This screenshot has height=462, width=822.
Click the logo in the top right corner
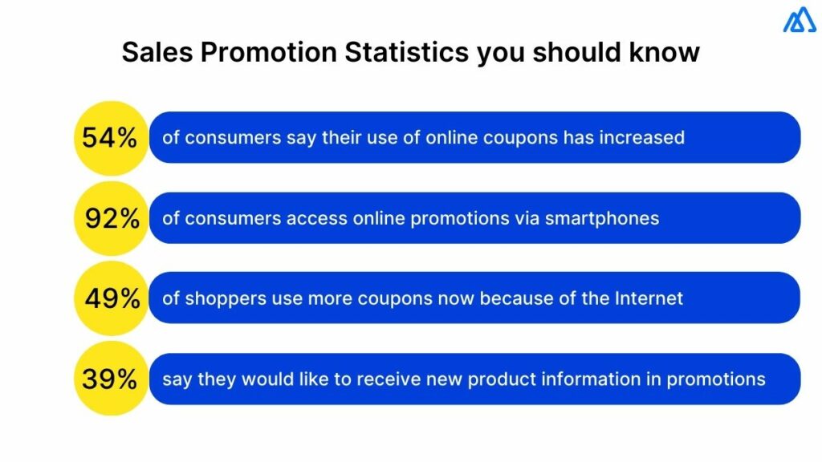(x=800, y=19)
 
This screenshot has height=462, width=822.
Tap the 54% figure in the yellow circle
(x=110, y=138)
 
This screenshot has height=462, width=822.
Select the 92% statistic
(x=112, y=218)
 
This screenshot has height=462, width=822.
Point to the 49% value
(x=112, y=299)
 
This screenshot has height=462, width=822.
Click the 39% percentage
(x=110, y=379)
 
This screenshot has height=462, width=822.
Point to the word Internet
(x=649, y=299)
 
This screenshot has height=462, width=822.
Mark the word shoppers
(x=220, y=299)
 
